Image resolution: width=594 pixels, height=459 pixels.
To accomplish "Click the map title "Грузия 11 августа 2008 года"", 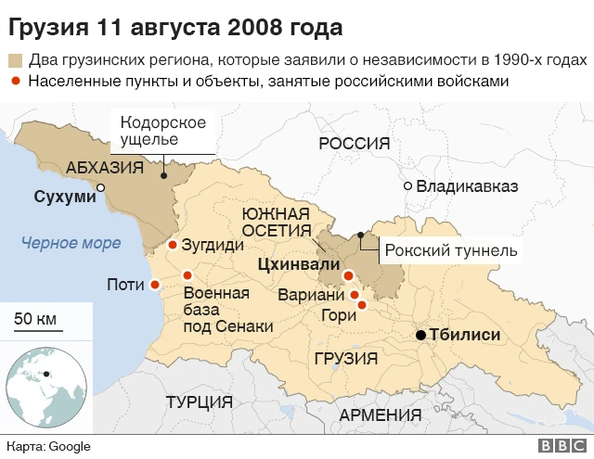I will click(177, 23).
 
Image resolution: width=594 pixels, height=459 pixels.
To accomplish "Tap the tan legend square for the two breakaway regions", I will click(15, 61).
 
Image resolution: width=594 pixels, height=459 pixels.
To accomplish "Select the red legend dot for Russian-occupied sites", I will click(15, 82).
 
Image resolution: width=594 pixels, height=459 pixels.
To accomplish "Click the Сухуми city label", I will click(64, 197).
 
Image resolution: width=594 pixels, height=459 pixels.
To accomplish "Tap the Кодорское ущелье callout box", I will click(162, 131).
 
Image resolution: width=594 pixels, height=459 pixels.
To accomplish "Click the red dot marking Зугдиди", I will click(173, 246).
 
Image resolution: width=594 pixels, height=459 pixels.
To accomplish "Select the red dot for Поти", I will click(155, 285).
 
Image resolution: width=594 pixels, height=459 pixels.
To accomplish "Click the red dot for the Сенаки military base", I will click(187, 274).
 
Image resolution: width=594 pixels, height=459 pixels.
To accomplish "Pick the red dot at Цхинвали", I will click(348, 275).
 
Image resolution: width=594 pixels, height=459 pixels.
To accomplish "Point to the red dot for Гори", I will click(362, 304).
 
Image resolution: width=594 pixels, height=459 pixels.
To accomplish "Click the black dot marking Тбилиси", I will click(420, 335).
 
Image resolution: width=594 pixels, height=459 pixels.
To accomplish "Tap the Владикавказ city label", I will click(467, 186).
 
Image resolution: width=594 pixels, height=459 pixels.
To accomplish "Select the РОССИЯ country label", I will click(354, 143).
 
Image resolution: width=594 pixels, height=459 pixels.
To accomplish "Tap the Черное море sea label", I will click(71, 243).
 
